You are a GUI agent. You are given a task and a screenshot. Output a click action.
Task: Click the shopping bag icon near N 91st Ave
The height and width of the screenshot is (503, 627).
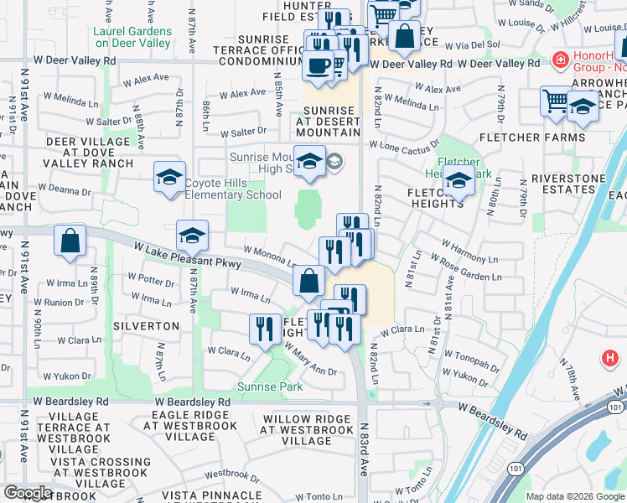[70, 241]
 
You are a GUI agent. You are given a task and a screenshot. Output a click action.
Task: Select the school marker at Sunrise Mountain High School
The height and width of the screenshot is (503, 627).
[309, 161]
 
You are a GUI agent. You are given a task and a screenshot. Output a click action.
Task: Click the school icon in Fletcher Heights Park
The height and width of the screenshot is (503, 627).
[459, 181]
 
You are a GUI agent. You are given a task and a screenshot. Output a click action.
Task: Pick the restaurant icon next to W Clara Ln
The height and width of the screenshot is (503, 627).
[266, 328]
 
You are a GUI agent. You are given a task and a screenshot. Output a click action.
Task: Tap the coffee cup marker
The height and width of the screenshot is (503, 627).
[318, 66]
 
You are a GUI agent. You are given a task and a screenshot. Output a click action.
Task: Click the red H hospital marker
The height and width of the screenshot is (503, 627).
[610, 359]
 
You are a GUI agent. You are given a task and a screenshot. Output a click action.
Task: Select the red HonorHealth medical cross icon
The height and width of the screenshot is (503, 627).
[559, 60]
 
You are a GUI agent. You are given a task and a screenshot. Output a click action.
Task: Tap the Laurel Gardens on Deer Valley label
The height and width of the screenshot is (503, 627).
[132, 37]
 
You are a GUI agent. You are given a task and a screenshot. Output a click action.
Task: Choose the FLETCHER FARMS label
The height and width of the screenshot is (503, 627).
[531, 137]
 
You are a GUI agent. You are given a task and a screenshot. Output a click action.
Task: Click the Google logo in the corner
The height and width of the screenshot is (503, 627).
[28, 493]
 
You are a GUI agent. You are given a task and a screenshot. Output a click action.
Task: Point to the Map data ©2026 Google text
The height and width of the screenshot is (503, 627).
[574, 496]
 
